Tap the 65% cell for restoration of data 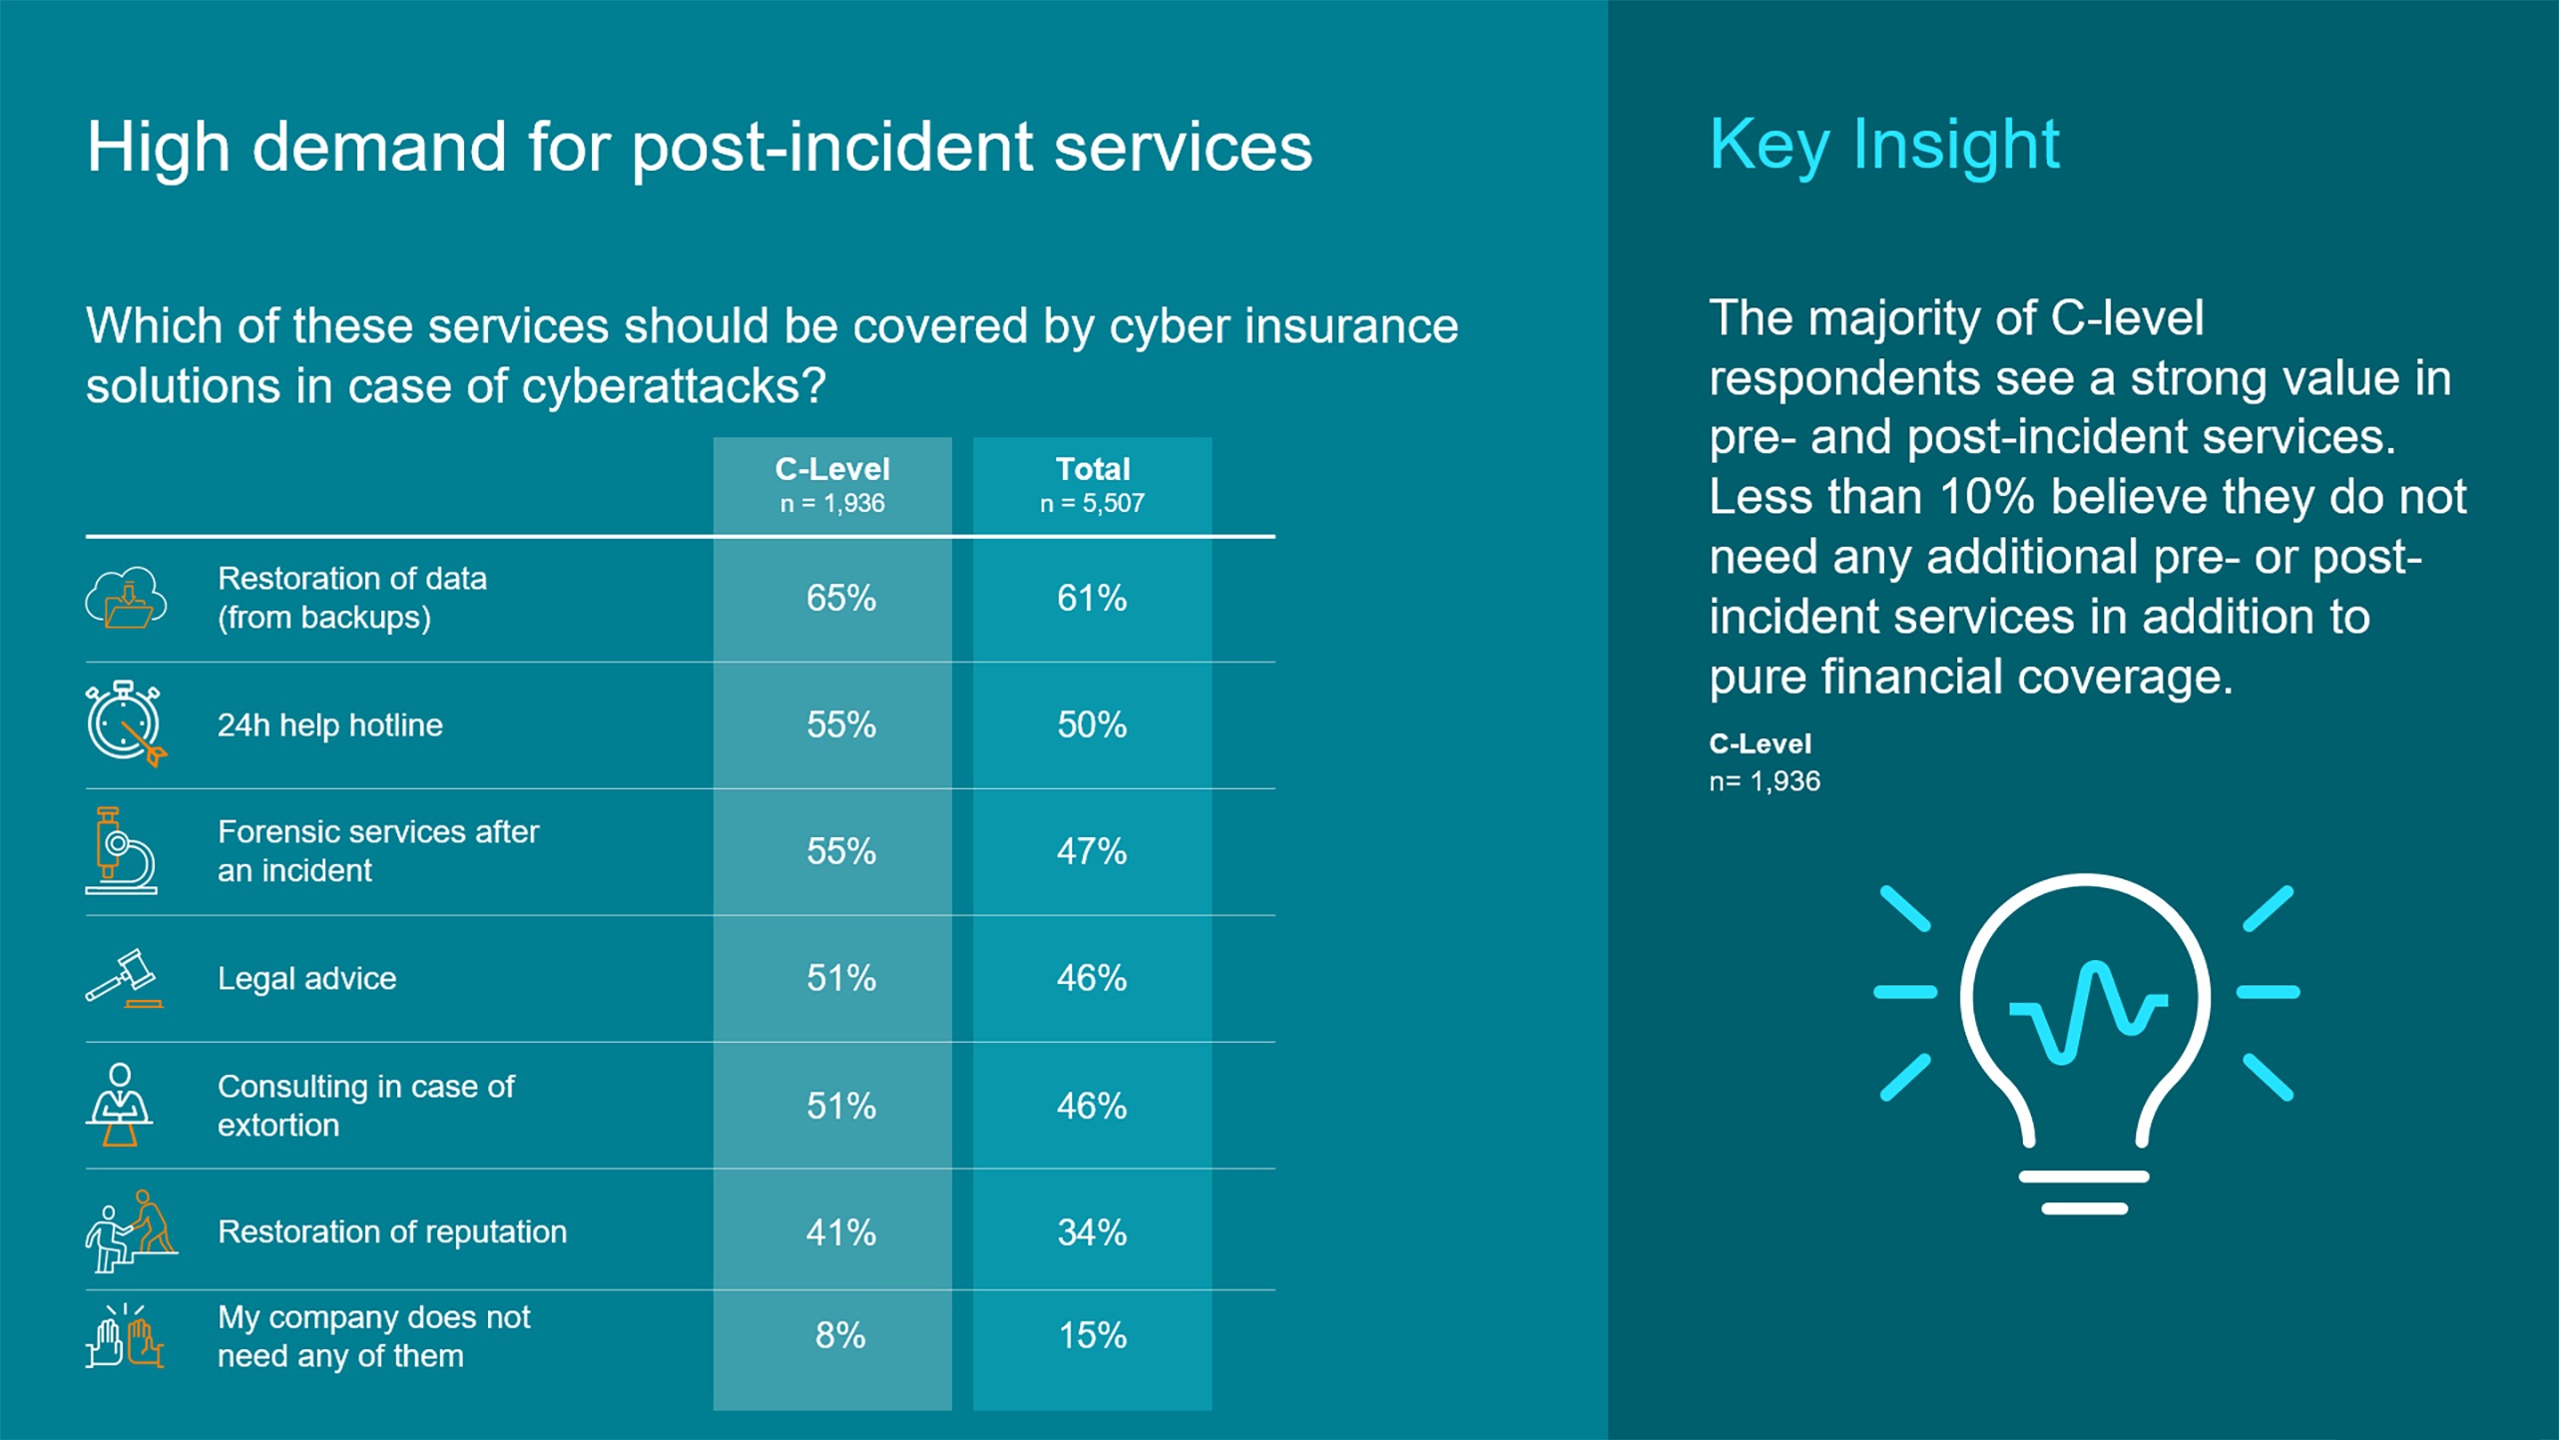pos(841,598)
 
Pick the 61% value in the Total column pos(1092,598)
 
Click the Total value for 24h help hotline pos(1092,724)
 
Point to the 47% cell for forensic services pos(1092,851)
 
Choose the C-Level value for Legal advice pos(841,978)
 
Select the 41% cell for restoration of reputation pos(841,1232)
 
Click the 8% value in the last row pos(840,1335)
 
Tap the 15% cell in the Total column pos(1092,1335)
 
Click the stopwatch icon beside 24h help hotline pos(126,723)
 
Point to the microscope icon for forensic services pos(121,850)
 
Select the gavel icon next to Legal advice pos(125,978)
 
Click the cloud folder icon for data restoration pos(126,598)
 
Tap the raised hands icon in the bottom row pos(125,1335)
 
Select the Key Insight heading pos(1884,146)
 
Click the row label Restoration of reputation pos(392,1231)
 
